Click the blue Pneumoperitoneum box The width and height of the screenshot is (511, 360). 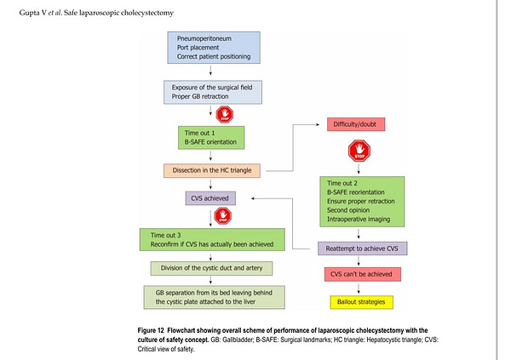click(x=214, y=48)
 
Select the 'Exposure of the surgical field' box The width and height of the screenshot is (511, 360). click(x=213, y=92)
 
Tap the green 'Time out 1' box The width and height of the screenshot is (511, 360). click(x=211, y=138)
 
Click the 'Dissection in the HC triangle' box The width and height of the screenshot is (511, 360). click(x=212, y=171)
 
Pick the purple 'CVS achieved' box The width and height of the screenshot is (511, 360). click(x=210, y=198)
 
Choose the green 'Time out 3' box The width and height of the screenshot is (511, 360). click(x=212, y=239)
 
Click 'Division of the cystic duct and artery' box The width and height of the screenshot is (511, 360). click(x=211, y=268)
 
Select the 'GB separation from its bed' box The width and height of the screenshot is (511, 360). click(x=214, y=297)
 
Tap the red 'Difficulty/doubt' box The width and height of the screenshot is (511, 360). click(x=356, y=124)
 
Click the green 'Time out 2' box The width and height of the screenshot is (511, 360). click(x=362, y=202)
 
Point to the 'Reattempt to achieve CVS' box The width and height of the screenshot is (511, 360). click(x=363, y=249)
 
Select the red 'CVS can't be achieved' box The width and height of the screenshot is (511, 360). click(x=363, y=274)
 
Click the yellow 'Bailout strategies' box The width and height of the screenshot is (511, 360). click(x=361, y=302)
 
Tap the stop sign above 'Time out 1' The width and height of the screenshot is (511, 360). click(x=225, y=114)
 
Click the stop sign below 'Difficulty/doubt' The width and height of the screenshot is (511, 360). click(x=359, y=151)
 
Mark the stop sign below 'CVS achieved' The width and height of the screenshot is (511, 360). click(x=223, y=216)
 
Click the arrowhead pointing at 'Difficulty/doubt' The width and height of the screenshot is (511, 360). click(x=318, y=124)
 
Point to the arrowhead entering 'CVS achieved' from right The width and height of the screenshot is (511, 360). click(x=253, y=198)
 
